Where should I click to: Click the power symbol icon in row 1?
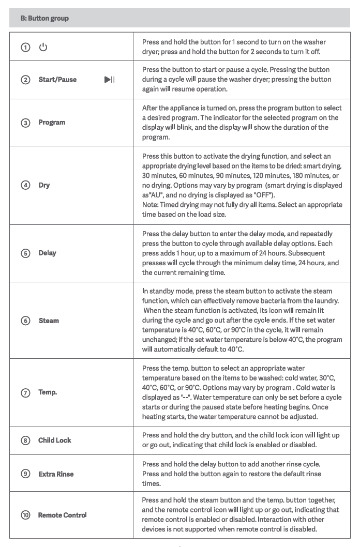[x=43, y=47]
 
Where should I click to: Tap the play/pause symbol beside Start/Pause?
[x=109, y=80]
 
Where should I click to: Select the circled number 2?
[x=25, y=80]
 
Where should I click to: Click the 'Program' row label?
[x=52, y=123]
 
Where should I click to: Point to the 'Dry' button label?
[x=44, y=185]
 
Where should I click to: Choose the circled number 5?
[x=25, y=253]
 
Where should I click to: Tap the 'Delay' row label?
[x=47, y=253]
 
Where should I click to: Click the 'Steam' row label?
[x=49, y=321]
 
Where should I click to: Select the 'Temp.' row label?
[x=48, y=392]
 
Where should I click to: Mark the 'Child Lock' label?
[x=54, y=440]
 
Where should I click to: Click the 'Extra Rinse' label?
[x=56, y=474]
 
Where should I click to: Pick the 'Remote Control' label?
[x=62, y=515]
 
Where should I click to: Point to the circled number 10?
[x=25, y=515]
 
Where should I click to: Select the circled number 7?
[x=25, y=392]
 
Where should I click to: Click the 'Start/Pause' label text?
[x=57, y=80]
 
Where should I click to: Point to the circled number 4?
[x=25, y=185]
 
